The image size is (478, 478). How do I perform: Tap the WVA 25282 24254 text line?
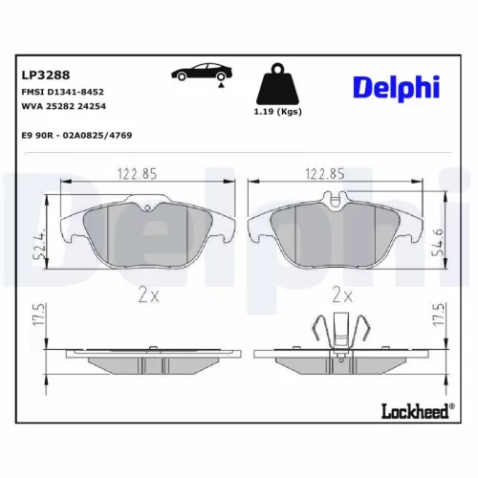click(64, 108)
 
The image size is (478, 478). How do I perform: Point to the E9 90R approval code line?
click(76, 136)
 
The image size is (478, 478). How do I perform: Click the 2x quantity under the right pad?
click(342, 295)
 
